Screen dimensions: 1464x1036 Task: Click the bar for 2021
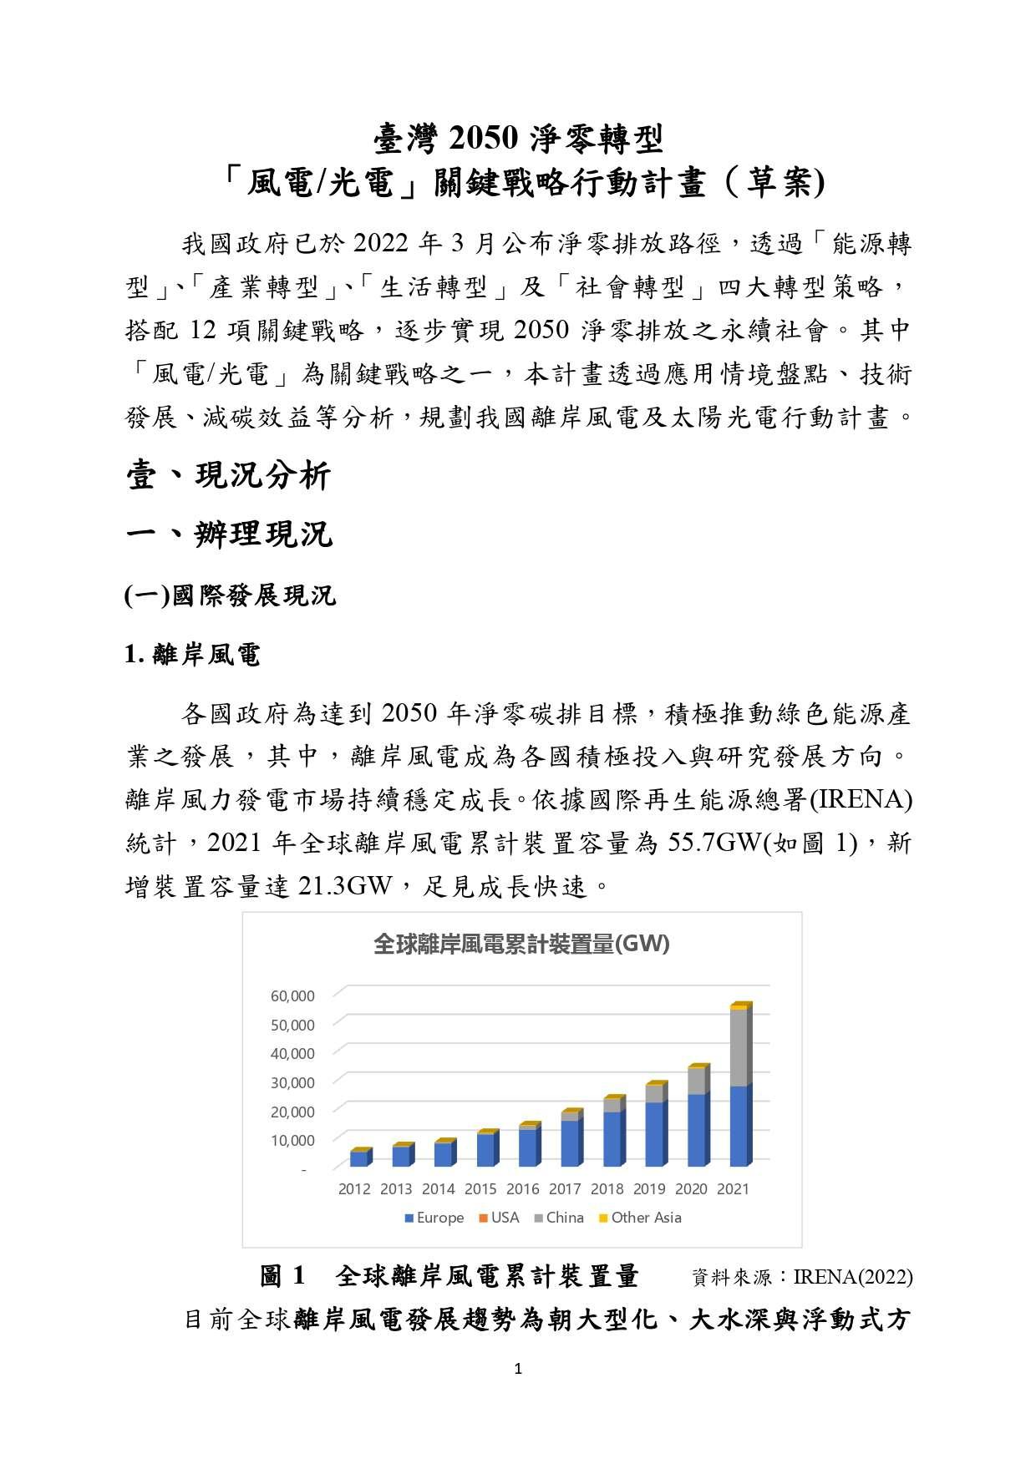740,1086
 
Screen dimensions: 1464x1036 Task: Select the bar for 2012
359,1158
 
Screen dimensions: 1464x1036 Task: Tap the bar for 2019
656,1124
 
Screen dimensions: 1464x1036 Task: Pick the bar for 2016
529,1145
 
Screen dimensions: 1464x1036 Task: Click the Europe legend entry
434,1218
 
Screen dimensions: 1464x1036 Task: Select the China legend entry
559,1218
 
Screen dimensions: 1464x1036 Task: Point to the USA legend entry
499,1218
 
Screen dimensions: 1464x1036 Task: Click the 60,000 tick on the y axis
292,995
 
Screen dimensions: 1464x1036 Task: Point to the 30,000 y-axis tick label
292,1082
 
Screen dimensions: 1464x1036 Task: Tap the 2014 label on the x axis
439,1188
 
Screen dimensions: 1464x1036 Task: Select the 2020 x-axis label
691,1188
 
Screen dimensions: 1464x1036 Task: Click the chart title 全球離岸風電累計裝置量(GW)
521,945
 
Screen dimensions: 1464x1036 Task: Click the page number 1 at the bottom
518,1369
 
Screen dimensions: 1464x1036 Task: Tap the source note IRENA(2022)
852,1278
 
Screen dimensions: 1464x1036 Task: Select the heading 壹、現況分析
229,476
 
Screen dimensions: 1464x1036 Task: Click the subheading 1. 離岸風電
192,655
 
